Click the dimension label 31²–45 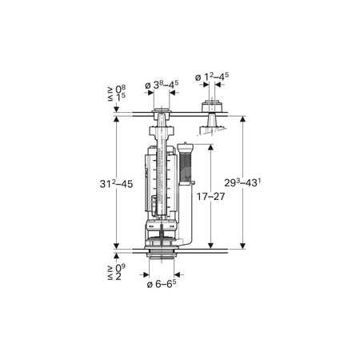(116, 184)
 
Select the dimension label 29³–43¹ (242, 183)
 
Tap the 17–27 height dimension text (210, 197)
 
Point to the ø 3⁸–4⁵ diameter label (162, 85)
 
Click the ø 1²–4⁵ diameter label (212, 77)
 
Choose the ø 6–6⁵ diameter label (162, 284)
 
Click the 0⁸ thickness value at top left (121, 90)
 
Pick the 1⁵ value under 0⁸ (121, 98)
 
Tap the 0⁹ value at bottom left (121, 268)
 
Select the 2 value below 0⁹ (118, 276)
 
